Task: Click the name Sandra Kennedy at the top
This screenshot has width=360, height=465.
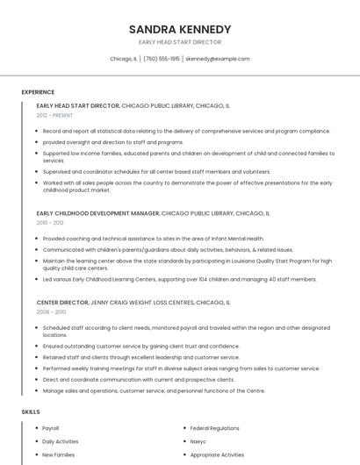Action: tap(179, 28)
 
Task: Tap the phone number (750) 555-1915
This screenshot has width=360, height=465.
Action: tap(162, 59)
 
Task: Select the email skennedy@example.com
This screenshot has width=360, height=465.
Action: tap(218, 59)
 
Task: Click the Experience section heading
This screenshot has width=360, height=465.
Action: tap(38, 92)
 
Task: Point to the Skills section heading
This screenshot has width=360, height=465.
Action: tap(31, 411)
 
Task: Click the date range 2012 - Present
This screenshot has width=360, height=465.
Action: tap(54, 115)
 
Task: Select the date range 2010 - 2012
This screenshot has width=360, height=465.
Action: tap(50, 223)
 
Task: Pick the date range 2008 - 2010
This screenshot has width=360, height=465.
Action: tap(51, 311)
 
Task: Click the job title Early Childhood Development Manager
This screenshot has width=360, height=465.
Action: tap(98, 213)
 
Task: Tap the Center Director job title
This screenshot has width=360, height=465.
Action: tap(62, 302)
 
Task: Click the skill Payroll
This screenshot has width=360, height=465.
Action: tap(51, 428)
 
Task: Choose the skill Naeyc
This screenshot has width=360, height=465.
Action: tap(198, 441)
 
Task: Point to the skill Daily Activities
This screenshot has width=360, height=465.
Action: tap(61, 441)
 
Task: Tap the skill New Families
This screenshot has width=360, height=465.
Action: tap(58, 454)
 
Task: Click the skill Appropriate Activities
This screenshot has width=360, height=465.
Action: tap(217, 454)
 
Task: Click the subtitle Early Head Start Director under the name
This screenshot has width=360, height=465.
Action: tap(179, 42)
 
